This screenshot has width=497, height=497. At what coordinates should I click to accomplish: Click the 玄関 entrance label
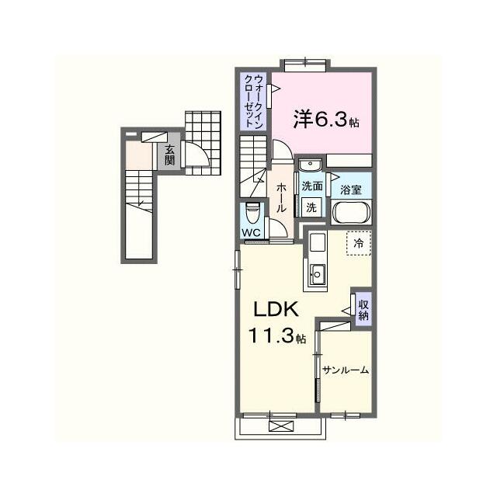pyautogui.click(x=169, y=155)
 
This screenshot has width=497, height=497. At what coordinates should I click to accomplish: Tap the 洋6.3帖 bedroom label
pyautogui.click(x=326, y=120)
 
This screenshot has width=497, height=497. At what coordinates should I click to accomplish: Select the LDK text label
pyautogui.click(x=276, y=309)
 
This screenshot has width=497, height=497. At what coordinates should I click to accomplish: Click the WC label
pyautogui.click(x=251, y=232)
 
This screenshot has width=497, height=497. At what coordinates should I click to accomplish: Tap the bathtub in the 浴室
pyautogui.click(x=351, y=212)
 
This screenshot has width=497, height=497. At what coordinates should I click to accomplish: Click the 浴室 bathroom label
pyautogui.click(x=351, y=189)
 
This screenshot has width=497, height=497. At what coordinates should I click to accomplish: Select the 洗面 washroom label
pyautogui.click(x=312, y=186)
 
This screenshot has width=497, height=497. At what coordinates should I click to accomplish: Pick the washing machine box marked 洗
pyautogui.click(x=311, y=207)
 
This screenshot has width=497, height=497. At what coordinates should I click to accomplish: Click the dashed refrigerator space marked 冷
pyautogui.click(x=359, y=243)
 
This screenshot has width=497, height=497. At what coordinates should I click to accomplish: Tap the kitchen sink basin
pyautogui.click(x=317, y=274)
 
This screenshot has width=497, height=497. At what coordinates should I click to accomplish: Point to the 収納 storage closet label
pyautogui.click(x=363, y=310)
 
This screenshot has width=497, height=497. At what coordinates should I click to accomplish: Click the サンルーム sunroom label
pyautogui.click(x=346, y=370)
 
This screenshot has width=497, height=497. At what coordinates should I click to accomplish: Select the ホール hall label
pyautogui.click(x=281, y=198)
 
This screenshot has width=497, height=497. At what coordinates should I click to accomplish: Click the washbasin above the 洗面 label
pyautogui.click(x=311, y=165)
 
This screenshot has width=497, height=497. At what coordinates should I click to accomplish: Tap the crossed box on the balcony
pyautogui.click(x=281, y=426)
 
